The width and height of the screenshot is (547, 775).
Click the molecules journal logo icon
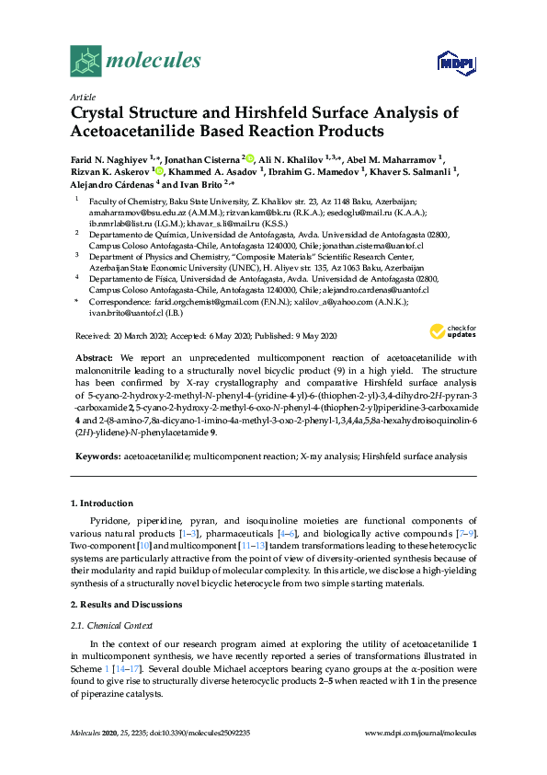(x=85, y=61)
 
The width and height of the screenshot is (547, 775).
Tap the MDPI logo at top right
(x=456, y=64)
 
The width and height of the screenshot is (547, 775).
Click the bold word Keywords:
(x=97, y=456)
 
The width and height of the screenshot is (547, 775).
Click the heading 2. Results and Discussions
(x=130, y=604)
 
